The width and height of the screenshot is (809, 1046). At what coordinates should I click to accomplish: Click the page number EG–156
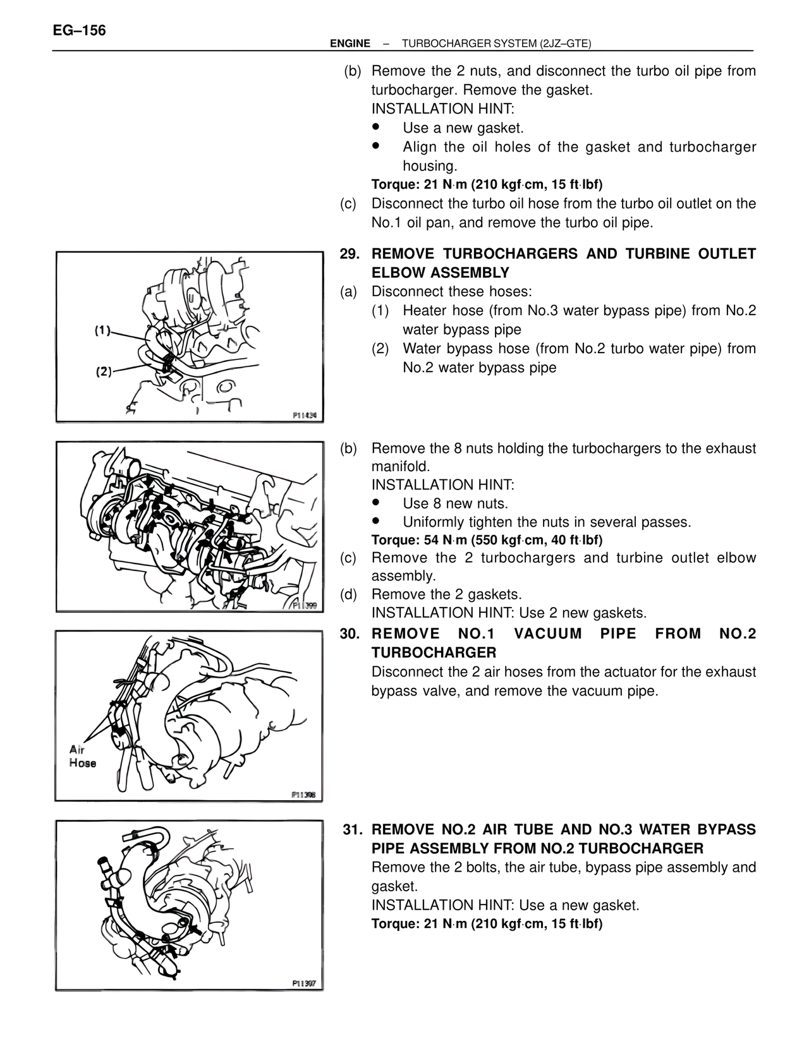click(x=79, y=30)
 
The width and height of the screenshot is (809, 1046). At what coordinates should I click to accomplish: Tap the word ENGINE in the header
click(x=350, y=44)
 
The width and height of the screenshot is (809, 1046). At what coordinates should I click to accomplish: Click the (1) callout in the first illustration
click(x=103, y=330)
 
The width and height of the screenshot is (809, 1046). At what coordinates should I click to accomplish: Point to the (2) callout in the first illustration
click(x=104, y=371)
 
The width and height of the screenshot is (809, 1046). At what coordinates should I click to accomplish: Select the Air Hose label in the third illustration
click(x=82, y=756)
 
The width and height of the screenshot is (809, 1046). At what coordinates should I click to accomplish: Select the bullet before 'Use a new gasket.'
click(x=375, y=127)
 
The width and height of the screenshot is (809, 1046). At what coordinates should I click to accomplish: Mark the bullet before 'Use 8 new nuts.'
click(x=375, y=503)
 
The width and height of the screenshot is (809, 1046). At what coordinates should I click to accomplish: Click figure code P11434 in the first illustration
click(x=307, y=416)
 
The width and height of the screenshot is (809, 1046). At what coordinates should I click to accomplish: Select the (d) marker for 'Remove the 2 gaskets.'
click(x=348, y=594)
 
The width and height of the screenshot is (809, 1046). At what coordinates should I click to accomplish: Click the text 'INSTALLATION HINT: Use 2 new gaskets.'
click(x=509, y=613)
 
